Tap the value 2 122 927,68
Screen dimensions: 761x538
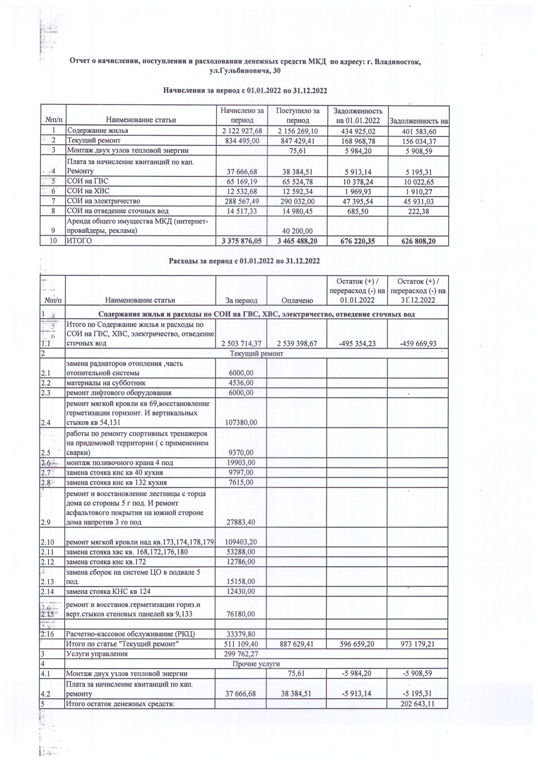[242, 131]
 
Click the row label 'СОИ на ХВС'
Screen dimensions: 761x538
[88, 191]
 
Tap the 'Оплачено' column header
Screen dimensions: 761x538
[297, 301]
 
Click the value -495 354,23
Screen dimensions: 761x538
[357, 343]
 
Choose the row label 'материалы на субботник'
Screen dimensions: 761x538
[106, 383]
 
